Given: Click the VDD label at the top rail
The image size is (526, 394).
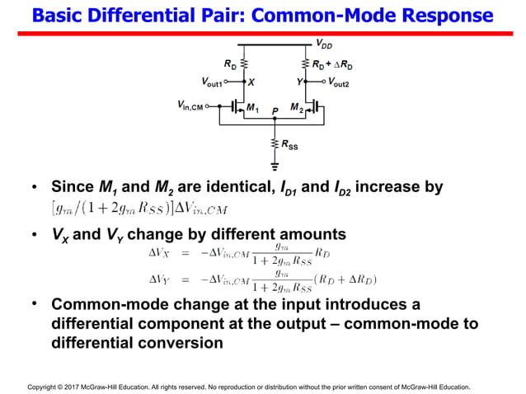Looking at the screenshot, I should point(324,45).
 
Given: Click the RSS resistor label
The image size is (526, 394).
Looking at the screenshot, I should point(290,145).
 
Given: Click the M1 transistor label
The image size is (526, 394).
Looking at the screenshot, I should point(252,107).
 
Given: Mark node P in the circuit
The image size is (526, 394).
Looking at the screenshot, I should point(275,110).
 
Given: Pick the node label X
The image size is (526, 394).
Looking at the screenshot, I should point(251,82).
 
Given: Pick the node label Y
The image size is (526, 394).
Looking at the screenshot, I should point(298,82).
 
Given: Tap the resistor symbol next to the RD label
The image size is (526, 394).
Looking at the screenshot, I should point(245,63).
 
